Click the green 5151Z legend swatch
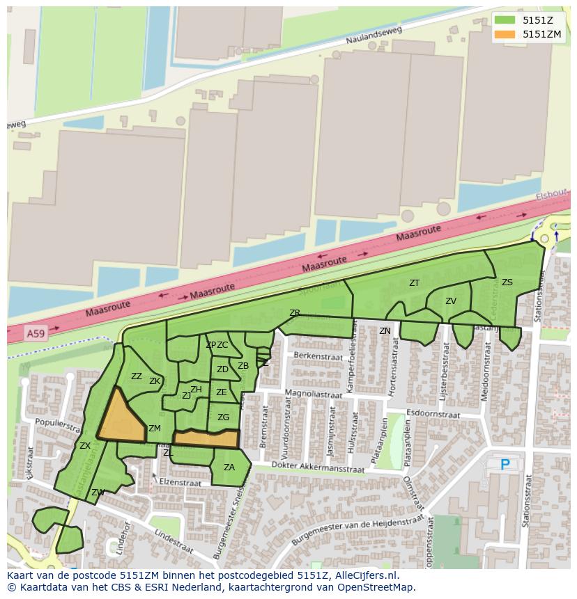[505, 20]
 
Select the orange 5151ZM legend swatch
[505, 34]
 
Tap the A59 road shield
[35, 335]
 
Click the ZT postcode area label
[415, 283]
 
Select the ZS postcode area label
[507, 282]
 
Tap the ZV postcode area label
[451, 301]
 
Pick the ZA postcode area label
[229, 468]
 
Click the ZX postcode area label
[85, 446]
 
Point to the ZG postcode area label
[223, 417]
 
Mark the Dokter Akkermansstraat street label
[319, 469]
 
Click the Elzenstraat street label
[180, 482]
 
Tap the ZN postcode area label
[385, 331]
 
